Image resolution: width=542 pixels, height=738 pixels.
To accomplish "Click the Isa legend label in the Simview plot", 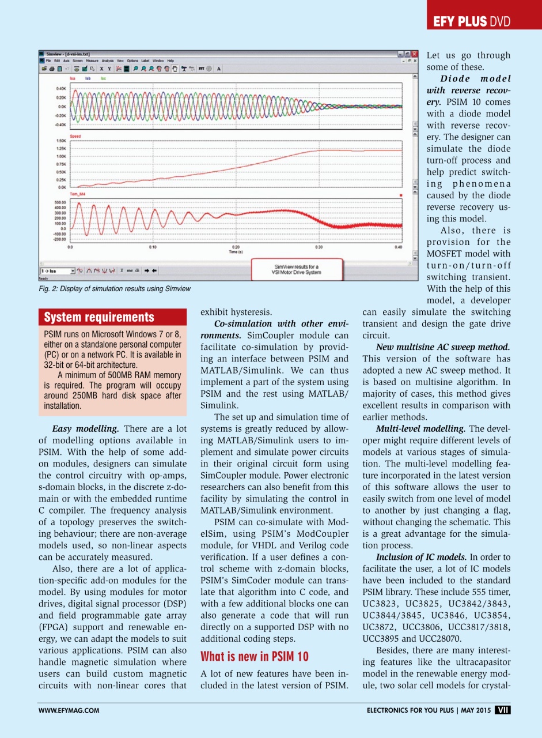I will (73, 78).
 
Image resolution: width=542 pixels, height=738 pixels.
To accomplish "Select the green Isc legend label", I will (103, 78).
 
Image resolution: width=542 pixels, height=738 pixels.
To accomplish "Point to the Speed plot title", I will (75, 136).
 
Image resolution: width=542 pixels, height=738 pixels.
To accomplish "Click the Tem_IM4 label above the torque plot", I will (78, 195).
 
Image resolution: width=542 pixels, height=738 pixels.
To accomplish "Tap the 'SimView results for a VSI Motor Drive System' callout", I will (298, 269).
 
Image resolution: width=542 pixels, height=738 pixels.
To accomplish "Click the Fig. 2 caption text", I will (113, 288).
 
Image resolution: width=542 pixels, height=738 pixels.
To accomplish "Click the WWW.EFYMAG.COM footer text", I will (69, 710).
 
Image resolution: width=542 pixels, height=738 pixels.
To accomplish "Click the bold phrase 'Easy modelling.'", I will (86, 429).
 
